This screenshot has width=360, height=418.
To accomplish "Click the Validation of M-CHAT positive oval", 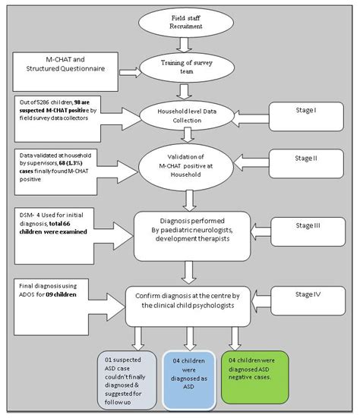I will (186, 164).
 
